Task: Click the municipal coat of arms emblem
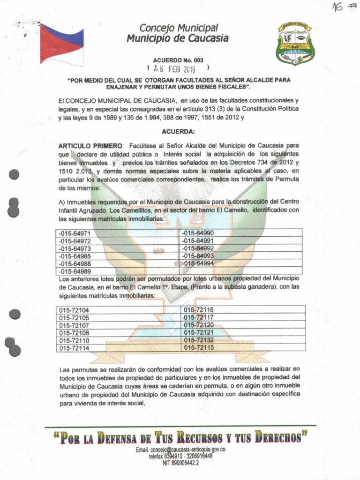(295, 44)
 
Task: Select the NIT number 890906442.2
(181, 462)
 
